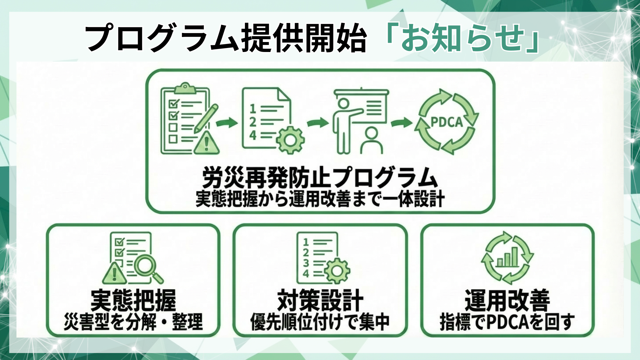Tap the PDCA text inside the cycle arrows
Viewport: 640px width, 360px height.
(x=447, y=122)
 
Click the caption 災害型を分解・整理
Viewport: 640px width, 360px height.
(x=133, y=322)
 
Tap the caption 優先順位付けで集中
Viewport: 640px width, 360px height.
(x=320, y=322)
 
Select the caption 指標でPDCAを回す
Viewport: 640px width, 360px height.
(x=507, y=322)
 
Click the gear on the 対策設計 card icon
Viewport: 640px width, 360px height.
(x=337, y=271)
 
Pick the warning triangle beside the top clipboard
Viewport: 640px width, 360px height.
(x=206, y=143)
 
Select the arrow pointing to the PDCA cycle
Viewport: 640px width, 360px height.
(x=402, y=123)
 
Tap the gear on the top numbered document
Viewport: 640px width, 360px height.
(x=290, y=140)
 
